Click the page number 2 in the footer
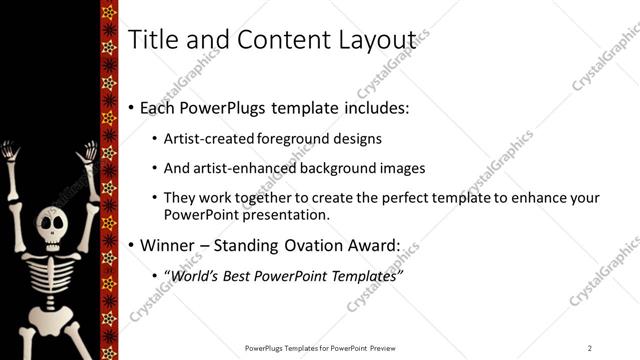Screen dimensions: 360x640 tap(590, 348)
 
